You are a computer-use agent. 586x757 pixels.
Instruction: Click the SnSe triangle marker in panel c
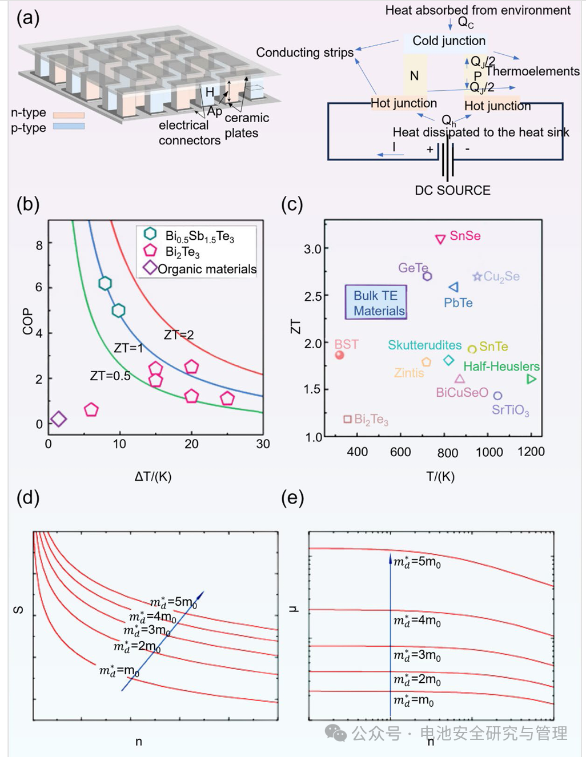point(440,239)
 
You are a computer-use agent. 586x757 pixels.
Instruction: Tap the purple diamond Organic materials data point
point(58,418)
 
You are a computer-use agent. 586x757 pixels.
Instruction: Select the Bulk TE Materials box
point(376,303)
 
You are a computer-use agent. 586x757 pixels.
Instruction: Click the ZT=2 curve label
point(179,335)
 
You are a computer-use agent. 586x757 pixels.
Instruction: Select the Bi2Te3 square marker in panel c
point(347,418)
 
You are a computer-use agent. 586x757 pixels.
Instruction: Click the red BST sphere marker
point(340,355)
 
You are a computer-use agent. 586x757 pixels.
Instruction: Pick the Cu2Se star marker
point(477,277)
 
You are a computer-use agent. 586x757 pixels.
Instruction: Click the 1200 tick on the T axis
point(531,452)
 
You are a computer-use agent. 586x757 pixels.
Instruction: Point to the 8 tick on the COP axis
point(39,245)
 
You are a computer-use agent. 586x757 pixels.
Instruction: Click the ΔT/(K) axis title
point(153,476)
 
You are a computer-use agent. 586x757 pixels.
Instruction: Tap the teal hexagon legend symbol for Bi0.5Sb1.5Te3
point(150,233)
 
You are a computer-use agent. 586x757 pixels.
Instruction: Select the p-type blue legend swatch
point(69,126)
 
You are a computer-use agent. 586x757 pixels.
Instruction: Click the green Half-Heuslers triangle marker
point(531,378)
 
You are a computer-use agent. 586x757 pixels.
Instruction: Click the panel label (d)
point(28,499)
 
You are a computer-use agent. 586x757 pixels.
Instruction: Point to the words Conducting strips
point(305,53)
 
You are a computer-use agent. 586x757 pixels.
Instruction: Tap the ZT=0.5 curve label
point(110,376)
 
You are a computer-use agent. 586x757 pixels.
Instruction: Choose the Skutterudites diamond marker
point(449,360)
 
